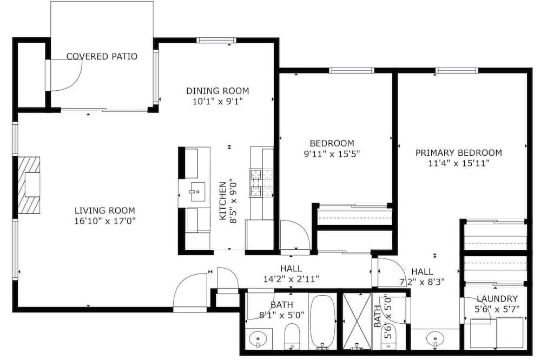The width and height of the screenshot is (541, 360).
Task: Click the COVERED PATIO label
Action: (102, 56)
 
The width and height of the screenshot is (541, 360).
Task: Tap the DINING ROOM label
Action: (217, 91)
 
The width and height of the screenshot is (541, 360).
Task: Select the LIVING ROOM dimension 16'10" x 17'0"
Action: (105, 221)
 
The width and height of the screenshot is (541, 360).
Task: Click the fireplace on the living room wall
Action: (29, 185)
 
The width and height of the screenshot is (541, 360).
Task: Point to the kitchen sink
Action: (197, 192)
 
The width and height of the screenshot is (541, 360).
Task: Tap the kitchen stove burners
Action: (256, 183)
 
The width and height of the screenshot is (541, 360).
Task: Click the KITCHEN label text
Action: (223, 201)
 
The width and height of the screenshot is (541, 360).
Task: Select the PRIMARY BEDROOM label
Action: (459, 152)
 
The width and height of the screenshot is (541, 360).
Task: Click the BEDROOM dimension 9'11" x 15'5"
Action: (332, 154)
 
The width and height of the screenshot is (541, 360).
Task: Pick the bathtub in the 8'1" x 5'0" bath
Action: (322, 322)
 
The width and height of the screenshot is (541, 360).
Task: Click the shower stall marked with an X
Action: (357, 321)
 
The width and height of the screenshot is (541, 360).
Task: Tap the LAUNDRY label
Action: (497, 298)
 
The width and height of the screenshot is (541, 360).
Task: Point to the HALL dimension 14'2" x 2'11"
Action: (291, 278)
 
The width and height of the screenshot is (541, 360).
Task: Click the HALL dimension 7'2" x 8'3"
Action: (422, 282)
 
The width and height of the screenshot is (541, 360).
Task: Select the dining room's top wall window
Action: (216, 41)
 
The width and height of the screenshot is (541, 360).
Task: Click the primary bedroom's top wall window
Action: (457, 71)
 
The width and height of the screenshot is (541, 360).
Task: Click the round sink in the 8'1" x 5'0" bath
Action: (258, 338)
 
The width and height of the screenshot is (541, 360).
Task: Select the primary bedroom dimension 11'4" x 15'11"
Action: (459, 163)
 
